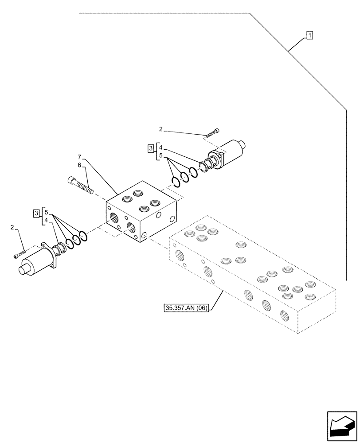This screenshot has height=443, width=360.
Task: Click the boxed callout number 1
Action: pyautogui.click(x=309, y=35)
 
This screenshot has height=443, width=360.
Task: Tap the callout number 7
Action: pyautogui.click(x=79, y=157)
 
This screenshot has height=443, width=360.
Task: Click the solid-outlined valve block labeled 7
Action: pyautogui.click(x=142, y=210)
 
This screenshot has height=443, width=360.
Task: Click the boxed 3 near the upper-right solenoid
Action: pyautogui.click(x=151, y=148)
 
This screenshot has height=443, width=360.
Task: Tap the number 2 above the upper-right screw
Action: pyautogui.click(x=161, y=129)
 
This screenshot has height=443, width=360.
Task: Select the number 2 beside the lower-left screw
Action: pyautogui.click(x=12, y=227)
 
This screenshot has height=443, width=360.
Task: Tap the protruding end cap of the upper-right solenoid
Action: pyautogui.click(x=242, y=144)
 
